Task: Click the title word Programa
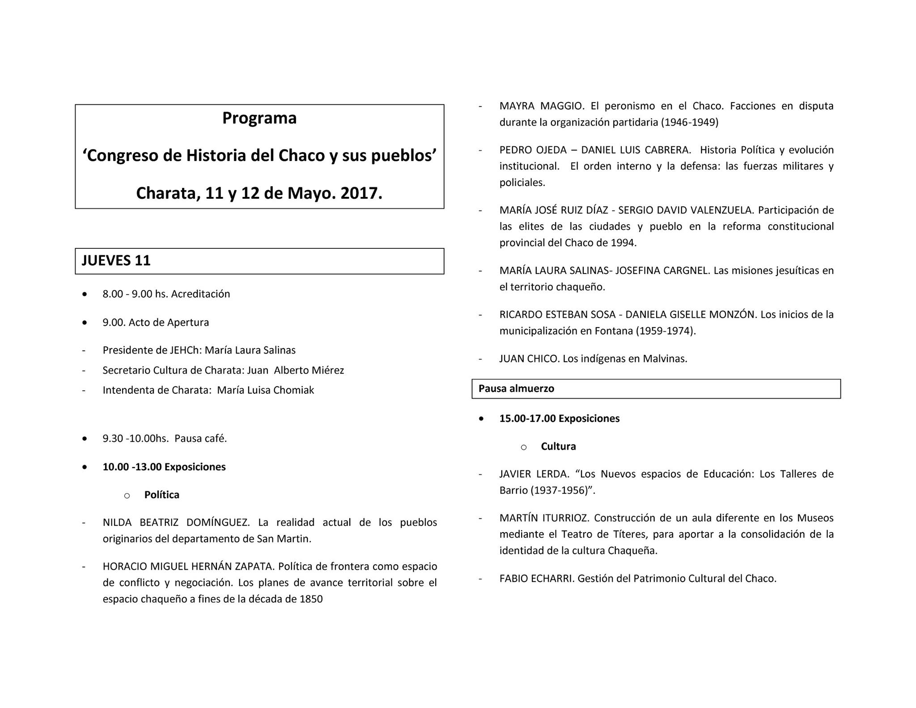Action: [259, 118]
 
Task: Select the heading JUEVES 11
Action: [116, 260]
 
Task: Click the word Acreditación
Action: [200, 294]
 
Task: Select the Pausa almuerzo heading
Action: [516, 388]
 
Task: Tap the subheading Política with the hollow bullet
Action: [161, 495]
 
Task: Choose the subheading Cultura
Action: [558, 447]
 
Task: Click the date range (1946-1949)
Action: [689, 123]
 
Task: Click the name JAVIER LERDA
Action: [534, 474]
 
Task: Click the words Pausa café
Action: [200, 439]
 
